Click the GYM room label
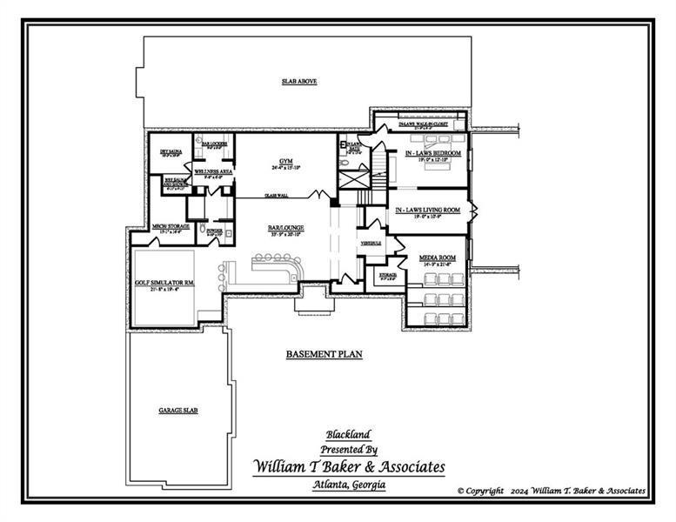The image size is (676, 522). point(284,162)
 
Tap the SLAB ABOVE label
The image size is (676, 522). point(298,81)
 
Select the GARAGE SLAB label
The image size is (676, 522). point(177,410)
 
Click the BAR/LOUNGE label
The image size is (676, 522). point(285,228)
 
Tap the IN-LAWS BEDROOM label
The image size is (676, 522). point(432,153)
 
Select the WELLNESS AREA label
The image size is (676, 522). point(212,172)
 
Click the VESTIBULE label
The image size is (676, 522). point(371,243)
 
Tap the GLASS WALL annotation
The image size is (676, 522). point(277,196)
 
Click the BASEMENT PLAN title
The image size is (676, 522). point(324,354)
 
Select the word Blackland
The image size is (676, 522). point(348,434)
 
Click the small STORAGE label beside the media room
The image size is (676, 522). point(388,275)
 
